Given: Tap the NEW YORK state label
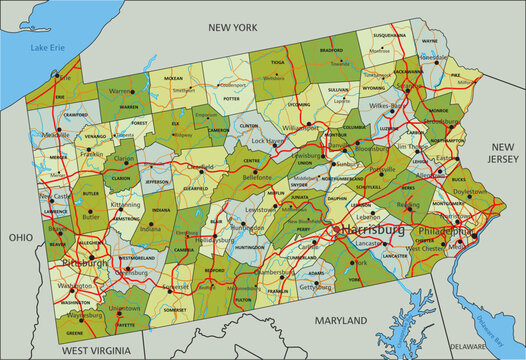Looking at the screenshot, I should pos(232,28).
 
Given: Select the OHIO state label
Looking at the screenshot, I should pos(19,239).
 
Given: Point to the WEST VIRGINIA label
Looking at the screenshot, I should pos(95,351).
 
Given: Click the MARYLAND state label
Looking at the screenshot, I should pos(340,320).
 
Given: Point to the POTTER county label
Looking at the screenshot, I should pos(232,99).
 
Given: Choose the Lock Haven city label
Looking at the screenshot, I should pos(266,142).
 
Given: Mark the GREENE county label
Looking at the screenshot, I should pos(75,332).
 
